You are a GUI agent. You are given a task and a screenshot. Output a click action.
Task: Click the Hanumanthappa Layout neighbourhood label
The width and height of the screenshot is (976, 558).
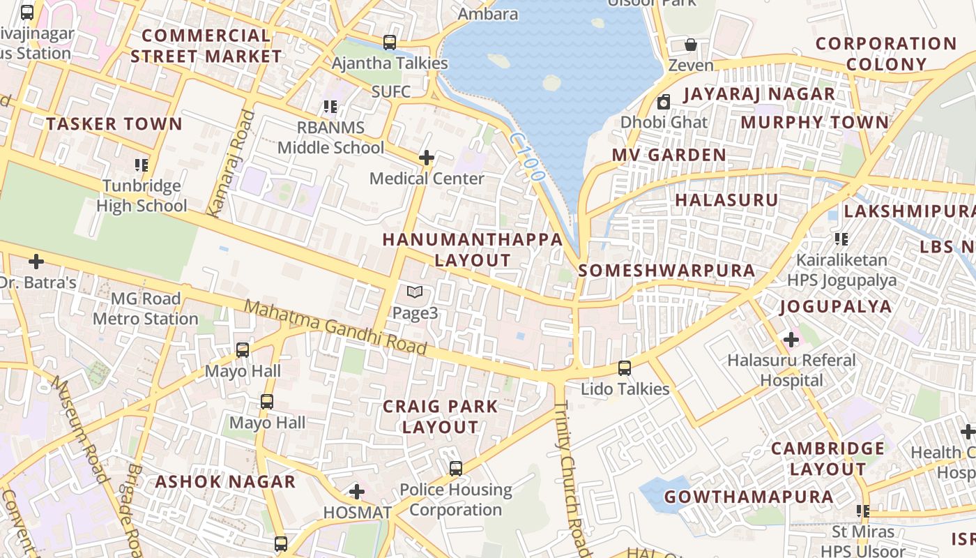(472, 250)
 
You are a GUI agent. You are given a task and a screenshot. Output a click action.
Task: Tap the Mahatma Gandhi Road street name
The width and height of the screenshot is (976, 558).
(335, 327)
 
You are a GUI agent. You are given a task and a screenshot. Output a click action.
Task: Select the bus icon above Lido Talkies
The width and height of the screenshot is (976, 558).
(625, 368)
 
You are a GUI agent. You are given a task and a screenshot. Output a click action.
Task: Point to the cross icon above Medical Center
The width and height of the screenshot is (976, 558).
(427, 158)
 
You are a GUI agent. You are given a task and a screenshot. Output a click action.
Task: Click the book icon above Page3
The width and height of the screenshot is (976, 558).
(415, 292)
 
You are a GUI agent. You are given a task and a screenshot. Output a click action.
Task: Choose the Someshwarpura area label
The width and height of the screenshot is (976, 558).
(666, 271)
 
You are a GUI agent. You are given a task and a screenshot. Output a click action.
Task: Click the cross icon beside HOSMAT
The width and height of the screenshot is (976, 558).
(357, 492)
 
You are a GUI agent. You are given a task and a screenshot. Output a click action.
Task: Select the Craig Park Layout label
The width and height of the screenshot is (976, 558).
(441, 416)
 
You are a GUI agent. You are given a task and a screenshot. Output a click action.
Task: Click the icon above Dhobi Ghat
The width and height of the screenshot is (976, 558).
(664, 102)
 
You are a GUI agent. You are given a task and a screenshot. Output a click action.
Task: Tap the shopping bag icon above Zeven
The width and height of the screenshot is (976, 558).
(691, 45)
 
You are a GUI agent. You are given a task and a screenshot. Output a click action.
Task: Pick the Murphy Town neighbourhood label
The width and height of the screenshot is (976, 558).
(814, 123)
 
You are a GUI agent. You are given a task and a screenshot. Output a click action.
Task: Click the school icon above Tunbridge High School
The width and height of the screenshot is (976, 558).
(142, 165)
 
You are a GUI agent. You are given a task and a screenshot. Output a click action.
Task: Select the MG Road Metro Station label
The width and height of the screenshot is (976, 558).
(146, 309)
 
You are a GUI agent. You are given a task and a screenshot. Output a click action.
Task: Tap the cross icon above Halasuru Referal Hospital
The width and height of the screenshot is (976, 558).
(791, 340)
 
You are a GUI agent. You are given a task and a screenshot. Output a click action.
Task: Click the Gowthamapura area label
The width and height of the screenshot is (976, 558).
(749, 497)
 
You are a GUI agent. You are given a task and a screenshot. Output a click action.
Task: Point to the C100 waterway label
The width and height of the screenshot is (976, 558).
(526, 158)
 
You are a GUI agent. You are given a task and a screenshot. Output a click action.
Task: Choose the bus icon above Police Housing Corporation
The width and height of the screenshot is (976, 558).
(456, 469)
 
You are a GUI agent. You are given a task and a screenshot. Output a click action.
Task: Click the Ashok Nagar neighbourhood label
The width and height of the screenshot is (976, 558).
(225, 482)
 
